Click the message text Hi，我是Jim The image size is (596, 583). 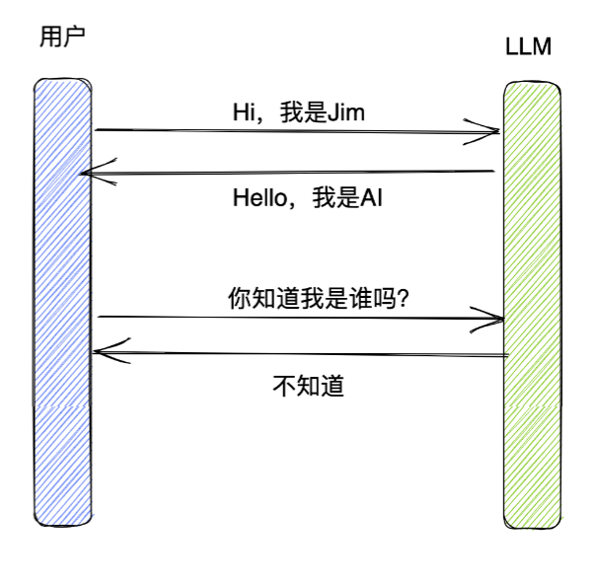[x=298, y=112]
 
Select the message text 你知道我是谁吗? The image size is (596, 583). [x=319, y=298]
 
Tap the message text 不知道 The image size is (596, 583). [x=307, y=385]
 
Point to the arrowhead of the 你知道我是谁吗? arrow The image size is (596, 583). [x=496, y=319]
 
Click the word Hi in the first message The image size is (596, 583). [x=241, y=112]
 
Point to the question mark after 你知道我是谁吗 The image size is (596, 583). [x=404, y=298]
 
